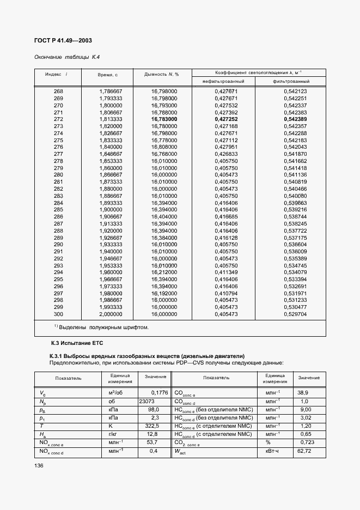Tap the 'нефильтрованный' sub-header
click(223, 81)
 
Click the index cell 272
click(58, 119)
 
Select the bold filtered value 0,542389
click(295, 119)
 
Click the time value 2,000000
click(111, 314)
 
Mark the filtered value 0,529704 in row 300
click(295, 314)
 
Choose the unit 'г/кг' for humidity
click(114, 435)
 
